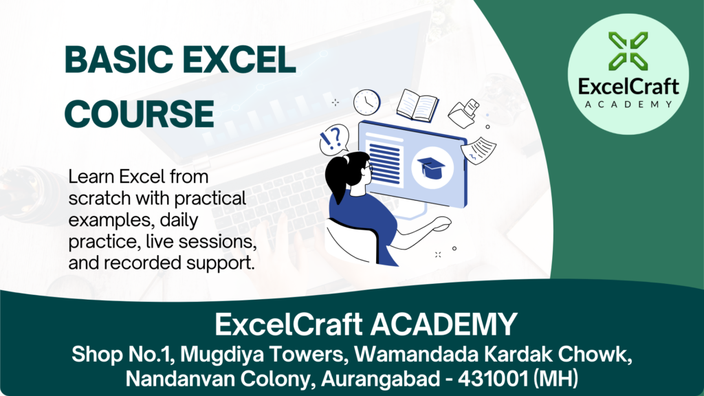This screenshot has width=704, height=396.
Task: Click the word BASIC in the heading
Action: click(x=119, y=60)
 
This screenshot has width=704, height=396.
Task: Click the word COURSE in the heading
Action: click(x=140, y=113)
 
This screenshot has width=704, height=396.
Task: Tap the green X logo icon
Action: click(x=628, y=51)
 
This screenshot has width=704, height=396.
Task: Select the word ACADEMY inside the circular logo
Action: click(x=628, y=104)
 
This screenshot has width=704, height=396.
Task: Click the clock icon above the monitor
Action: click(x=367, y=102)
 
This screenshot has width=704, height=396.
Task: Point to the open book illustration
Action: click(x=417, y=105)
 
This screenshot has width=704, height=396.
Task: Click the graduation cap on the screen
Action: click(x=431, y=168)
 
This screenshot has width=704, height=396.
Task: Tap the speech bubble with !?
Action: click(x=334, y=140)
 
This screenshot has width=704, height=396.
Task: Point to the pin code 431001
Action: click(x=492, y=379)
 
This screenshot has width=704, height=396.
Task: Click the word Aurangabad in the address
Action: click(x=380, y=379)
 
